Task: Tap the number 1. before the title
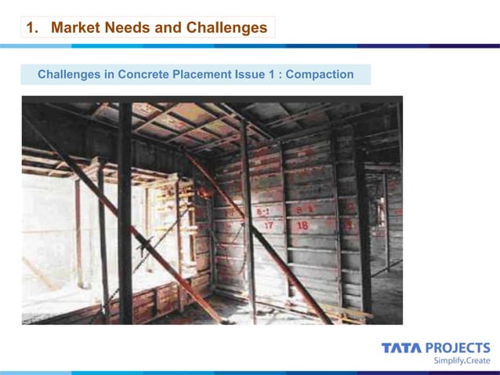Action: point(32,28)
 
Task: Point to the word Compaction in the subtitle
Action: point(320,75)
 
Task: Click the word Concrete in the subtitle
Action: point(144,75)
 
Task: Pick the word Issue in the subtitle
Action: point(250,75)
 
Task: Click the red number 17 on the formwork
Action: point(268,225)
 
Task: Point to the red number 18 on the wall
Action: point(303,225)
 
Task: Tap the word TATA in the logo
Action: point(401,348)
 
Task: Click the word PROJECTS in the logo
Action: point(458,348)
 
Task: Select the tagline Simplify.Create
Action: point(462,361)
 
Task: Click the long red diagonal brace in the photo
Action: point(259,235)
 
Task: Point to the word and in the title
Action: point(169,28)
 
